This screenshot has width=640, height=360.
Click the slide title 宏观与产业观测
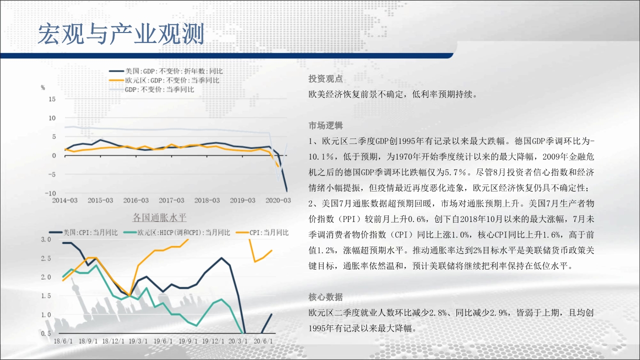click(x=121, y=34)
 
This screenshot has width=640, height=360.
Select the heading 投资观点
click(x=325, y=78)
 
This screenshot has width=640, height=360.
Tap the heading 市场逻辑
click(x=325, y=125)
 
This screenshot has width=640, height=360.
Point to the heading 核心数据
click(x=325, y=297)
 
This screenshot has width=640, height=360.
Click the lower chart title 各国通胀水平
click(x=159, y=217)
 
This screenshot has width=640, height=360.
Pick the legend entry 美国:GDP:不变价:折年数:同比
click(x=165, y=71)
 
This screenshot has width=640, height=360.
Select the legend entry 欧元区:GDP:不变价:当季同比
click(x=164, y=80)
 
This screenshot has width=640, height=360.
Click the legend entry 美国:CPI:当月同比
click(x=83, y=232)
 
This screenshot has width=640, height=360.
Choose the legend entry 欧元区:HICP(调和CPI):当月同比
click(x=176, y=232)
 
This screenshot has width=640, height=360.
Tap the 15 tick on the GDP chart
click(x=52, y=99)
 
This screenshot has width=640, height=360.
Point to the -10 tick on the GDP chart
click(x=50, y=193)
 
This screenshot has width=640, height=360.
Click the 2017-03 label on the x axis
click(x=171, y=200)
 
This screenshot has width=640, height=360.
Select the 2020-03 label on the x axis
click(x=278, y=200)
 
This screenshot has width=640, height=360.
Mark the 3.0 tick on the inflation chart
click(x=45, y=239)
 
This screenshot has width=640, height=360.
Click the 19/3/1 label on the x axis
click(x=138, y=341)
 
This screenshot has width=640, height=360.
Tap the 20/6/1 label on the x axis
click(x=263, y=341)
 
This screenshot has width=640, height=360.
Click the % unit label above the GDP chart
click(x=43, y=87)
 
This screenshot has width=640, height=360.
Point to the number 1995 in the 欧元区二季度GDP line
click(x=407, y=141)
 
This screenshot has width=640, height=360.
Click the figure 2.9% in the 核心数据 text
click(x=498, y=313)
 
